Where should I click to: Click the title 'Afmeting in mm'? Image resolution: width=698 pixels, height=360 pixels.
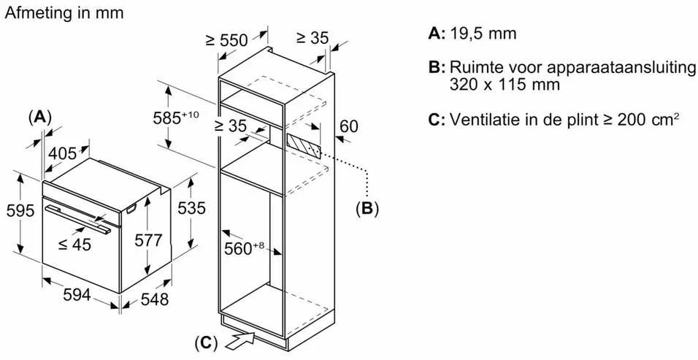point(64,12)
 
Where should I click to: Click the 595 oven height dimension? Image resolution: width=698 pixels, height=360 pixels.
point(20,210)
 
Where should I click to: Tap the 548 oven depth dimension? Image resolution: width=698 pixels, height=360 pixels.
point(155,299)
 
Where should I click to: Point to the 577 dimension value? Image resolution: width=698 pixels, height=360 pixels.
point(148,240)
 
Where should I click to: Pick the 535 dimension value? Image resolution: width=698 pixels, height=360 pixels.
point(191,208)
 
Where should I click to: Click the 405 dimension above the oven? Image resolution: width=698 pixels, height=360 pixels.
point(62,153)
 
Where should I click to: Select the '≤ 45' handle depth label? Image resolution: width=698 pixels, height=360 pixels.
point(74,244)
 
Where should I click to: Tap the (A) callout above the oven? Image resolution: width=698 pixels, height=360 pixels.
point(40,118)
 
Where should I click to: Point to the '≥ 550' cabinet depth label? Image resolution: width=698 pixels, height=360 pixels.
point(226,40)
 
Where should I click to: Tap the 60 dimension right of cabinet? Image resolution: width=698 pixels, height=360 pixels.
point(348,126)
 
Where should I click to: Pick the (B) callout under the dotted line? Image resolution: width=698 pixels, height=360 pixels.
point(367,208)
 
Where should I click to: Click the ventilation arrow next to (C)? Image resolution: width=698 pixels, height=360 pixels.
point(240,341)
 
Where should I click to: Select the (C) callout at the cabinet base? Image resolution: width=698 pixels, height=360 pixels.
point(206,342)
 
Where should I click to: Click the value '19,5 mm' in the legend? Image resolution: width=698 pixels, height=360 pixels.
point(483,34)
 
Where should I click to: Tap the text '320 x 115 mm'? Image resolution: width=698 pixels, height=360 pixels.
point(505,84)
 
